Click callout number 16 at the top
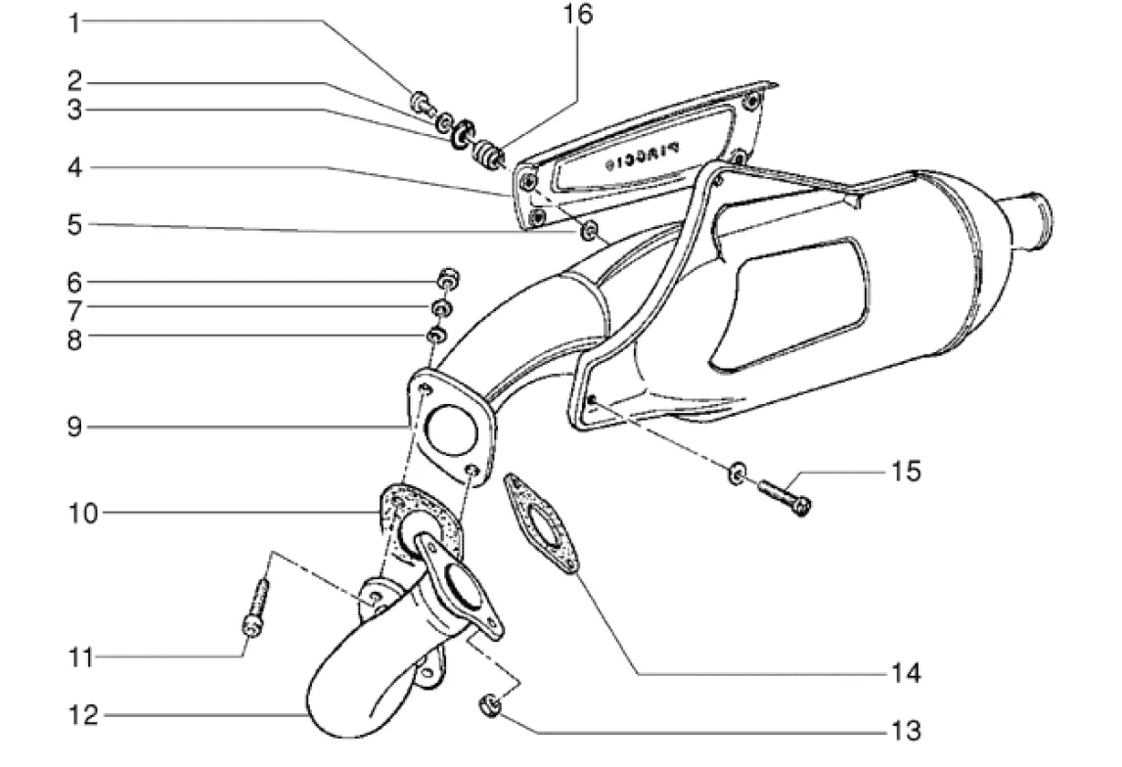[577, 16]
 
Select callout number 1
[73, 23]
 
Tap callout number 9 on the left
[73, 428]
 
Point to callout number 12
[85, 717]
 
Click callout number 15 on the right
[905, 472]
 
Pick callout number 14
[906, 673]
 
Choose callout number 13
[906, 730]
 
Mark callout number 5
[73, 224]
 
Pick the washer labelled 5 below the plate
[590, 231]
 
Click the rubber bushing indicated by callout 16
[487, 153]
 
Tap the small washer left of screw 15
[736, 474]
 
